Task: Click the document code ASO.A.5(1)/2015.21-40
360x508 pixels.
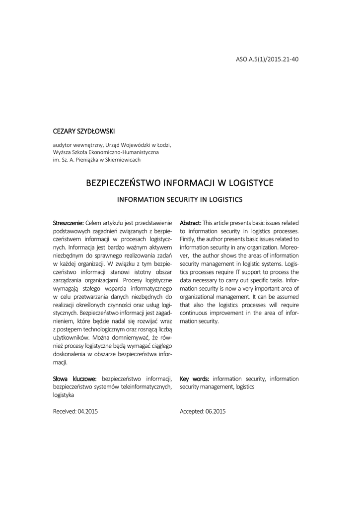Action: [x=267, y=59]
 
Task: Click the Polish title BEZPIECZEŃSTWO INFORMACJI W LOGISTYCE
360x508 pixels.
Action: [x=180, y=183]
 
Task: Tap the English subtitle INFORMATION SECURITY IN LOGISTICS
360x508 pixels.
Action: [x=179, y=200]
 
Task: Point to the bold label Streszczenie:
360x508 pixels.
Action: [x=69, y=223]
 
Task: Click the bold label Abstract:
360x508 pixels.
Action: [x=191, y=223]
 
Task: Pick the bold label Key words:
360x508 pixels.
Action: [x=194, y=379]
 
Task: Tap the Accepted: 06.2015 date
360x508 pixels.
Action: [x=203, y=411]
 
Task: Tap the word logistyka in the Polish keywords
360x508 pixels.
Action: [x=64, y=395]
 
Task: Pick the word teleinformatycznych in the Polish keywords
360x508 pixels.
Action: [x=146, y=386]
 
